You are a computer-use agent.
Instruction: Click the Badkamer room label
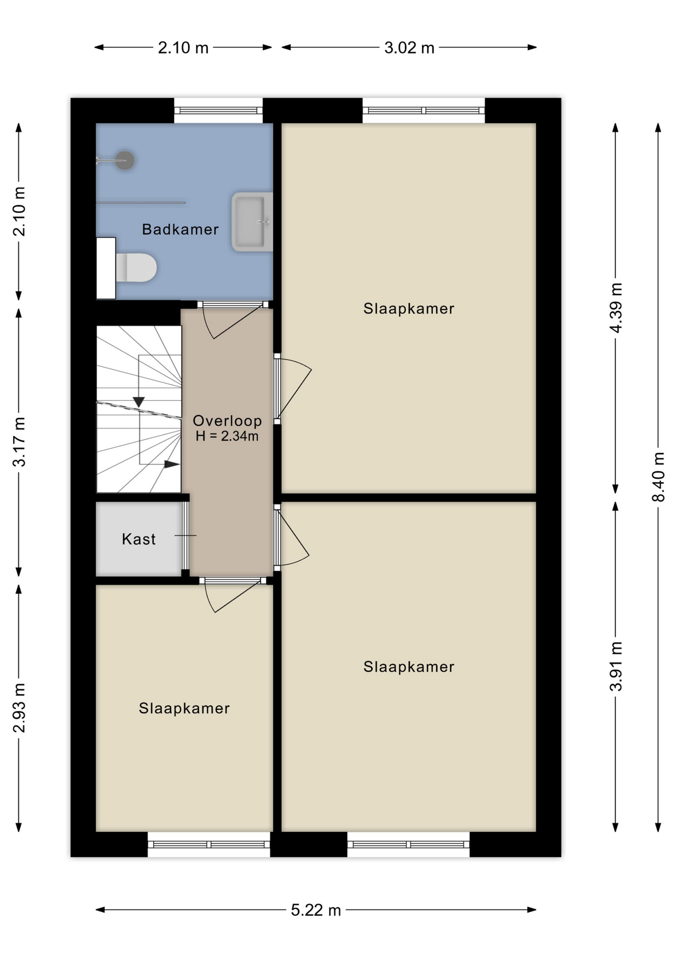[180, 229]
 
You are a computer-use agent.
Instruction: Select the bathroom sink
[252, 221]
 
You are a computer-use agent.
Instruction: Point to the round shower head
[125, 160]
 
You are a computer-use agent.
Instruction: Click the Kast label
[139, 539]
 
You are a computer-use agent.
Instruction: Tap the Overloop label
[227, 421]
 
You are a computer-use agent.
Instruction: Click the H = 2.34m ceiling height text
[227, 436]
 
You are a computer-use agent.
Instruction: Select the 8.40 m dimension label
[658, 477]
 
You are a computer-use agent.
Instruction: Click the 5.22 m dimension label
[316, 910]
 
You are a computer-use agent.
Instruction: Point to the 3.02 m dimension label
[409, 48]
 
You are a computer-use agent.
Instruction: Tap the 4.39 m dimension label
[616, 308]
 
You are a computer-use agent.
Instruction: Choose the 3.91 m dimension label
[616, 666]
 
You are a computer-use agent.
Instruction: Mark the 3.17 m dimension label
[19, 442]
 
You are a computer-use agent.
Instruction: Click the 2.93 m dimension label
[19, 708]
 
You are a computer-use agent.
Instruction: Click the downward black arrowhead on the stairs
[139, 402]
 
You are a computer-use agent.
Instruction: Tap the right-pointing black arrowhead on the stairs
[172, 464]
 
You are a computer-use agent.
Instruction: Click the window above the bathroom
[218, 110]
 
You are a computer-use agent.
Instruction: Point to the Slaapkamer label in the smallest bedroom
[184, 708]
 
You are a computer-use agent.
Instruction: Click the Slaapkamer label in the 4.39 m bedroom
[409, 309]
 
